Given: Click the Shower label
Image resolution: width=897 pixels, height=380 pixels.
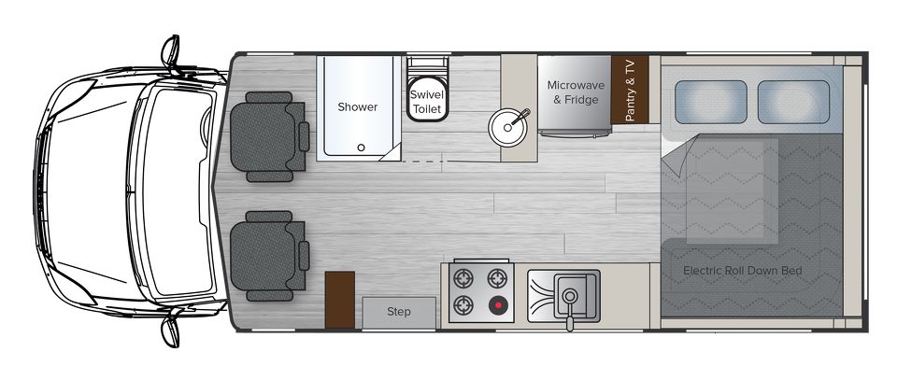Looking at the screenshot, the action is coord(358,106).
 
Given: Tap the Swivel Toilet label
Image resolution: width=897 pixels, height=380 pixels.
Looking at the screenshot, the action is coord(427,102).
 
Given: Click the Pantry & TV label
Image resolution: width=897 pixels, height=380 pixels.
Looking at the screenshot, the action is coord(630,90).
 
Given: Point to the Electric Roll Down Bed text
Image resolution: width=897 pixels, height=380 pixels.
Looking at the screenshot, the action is coord(743,271).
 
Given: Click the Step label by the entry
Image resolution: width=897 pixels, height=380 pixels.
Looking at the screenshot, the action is coord(399,312).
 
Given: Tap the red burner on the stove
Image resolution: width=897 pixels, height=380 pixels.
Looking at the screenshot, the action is coord(498,305).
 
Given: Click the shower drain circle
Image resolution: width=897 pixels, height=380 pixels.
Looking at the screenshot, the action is coord(361,148).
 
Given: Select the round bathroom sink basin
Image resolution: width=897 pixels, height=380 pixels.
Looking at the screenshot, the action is coord(507,127).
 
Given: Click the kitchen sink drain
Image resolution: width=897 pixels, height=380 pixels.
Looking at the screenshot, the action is coord(569,296).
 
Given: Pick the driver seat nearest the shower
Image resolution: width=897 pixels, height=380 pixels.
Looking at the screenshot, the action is coord(269,137).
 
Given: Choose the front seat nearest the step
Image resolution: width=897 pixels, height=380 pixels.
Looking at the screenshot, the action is coord(269,256).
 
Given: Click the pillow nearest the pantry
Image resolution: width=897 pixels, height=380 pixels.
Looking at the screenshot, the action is coord(710,103).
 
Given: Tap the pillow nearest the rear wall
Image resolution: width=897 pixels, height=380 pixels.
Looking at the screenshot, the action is coord(794,103).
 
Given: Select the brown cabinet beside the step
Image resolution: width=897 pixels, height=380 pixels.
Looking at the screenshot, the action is coord(340,300).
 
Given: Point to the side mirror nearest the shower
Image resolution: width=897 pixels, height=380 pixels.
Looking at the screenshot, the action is coord(171,52).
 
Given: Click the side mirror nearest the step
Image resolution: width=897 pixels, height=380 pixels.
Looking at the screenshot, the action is coord(171,330).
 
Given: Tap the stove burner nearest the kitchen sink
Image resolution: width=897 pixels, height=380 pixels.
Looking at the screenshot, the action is coord(498,279).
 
